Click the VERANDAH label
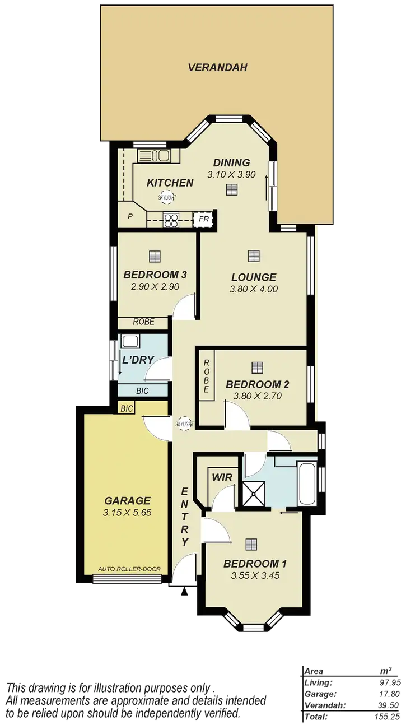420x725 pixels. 217,68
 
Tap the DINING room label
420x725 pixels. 231,164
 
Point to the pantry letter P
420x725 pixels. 130,216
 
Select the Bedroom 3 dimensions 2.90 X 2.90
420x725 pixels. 155,286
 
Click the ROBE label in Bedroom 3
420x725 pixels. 143,322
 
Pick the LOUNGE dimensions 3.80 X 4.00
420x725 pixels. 254,289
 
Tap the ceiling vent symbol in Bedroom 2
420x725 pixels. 257,367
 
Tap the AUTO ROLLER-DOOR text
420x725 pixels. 129,569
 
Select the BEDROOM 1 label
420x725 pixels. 251,564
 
